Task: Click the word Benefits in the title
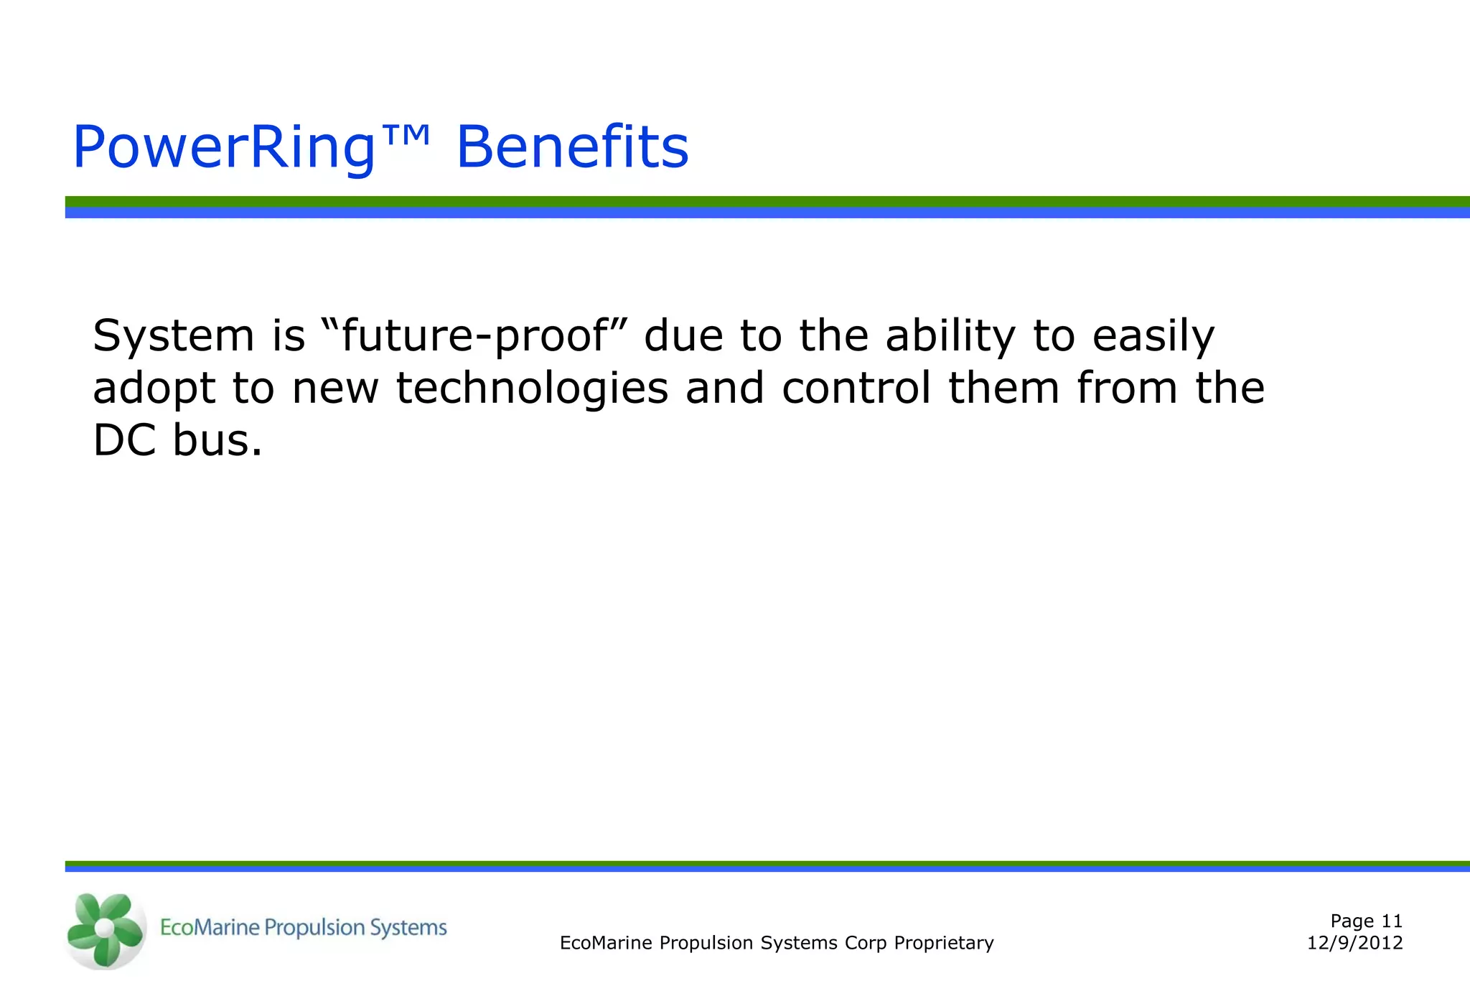tap(572, 148)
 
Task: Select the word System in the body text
tap(174, 336)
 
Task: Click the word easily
tap(1153, 336)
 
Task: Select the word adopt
tap(154, 389)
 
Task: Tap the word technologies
tap(532, 389)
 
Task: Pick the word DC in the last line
tap(124, 440)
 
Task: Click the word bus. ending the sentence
tap(217, 440)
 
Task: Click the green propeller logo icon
tap(105, 929)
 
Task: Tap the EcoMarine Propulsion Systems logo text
tap(303, 928)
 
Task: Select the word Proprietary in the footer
tap(943, 943)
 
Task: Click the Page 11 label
tap(1366, 921)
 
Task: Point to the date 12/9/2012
tap(1354, 943)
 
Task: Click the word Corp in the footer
tap(866, 943)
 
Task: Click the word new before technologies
tap(335, 389)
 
